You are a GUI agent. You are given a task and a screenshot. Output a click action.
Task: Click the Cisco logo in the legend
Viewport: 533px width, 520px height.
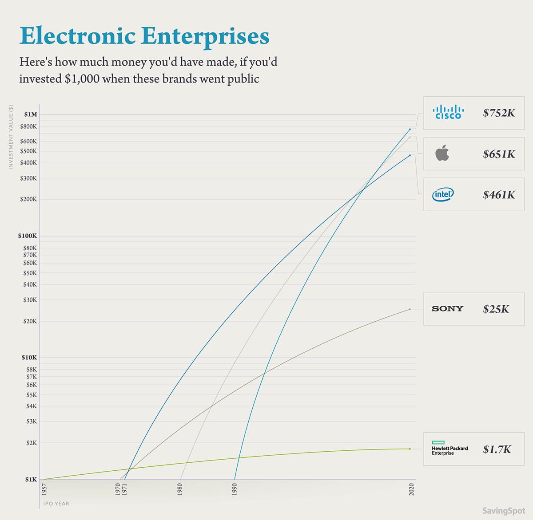448,112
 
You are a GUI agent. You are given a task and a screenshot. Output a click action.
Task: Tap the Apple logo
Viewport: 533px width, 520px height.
442,154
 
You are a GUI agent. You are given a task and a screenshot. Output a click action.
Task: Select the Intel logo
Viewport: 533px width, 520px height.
443,194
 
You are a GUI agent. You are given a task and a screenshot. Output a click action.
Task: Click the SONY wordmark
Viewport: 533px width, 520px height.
447,309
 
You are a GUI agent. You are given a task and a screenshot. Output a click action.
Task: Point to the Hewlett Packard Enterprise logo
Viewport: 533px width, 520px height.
449,449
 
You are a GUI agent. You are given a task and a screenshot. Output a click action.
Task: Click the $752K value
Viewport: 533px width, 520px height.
499,113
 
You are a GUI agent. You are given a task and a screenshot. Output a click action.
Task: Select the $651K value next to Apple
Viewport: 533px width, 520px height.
499,154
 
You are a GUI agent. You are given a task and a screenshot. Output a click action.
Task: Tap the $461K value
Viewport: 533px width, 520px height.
499,195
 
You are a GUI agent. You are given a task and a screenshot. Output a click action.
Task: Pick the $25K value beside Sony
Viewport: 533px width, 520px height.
496,309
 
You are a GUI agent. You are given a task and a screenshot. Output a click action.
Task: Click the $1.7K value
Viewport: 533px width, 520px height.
497,449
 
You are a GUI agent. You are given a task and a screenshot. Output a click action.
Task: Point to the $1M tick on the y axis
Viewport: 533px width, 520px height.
31,114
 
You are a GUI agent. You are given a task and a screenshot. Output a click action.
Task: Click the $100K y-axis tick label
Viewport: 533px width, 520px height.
28,236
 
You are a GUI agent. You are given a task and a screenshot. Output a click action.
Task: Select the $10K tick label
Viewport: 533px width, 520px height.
29,358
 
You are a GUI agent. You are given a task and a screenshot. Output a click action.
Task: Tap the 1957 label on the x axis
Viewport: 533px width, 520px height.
44,490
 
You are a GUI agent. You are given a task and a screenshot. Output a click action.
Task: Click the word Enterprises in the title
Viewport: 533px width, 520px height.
207,36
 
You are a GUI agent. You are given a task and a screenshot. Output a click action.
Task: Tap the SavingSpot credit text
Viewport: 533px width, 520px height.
503,511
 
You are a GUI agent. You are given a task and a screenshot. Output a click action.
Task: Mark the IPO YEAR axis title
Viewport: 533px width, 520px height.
56,504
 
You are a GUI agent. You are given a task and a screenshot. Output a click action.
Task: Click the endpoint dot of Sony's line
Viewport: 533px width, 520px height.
410,309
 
